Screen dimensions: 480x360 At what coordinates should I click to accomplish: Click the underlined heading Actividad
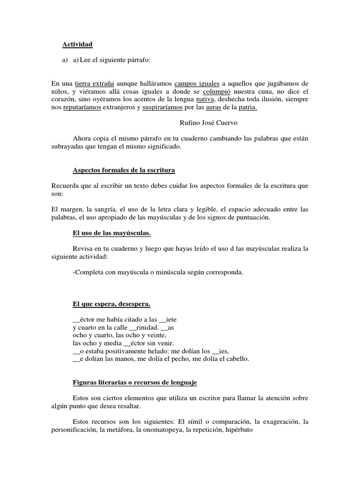pyautogui.click(x=78, y=45)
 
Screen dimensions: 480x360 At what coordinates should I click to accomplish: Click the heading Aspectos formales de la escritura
pyautogui.click(x=124, y=170)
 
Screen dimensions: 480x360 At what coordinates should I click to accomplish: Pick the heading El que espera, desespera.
pyautogui.click(x=112, y=304)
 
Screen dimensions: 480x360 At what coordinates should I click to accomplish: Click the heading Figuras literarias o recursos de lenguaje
pyautogui.click(x=135, y=382)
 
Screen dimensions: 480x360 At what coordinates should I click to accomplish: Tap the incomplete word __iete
pyautogui.click(x=168, y=320)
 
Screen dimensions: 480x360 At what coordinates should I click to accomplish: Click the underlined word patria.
pyautogui.click(x=253, y=107)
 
